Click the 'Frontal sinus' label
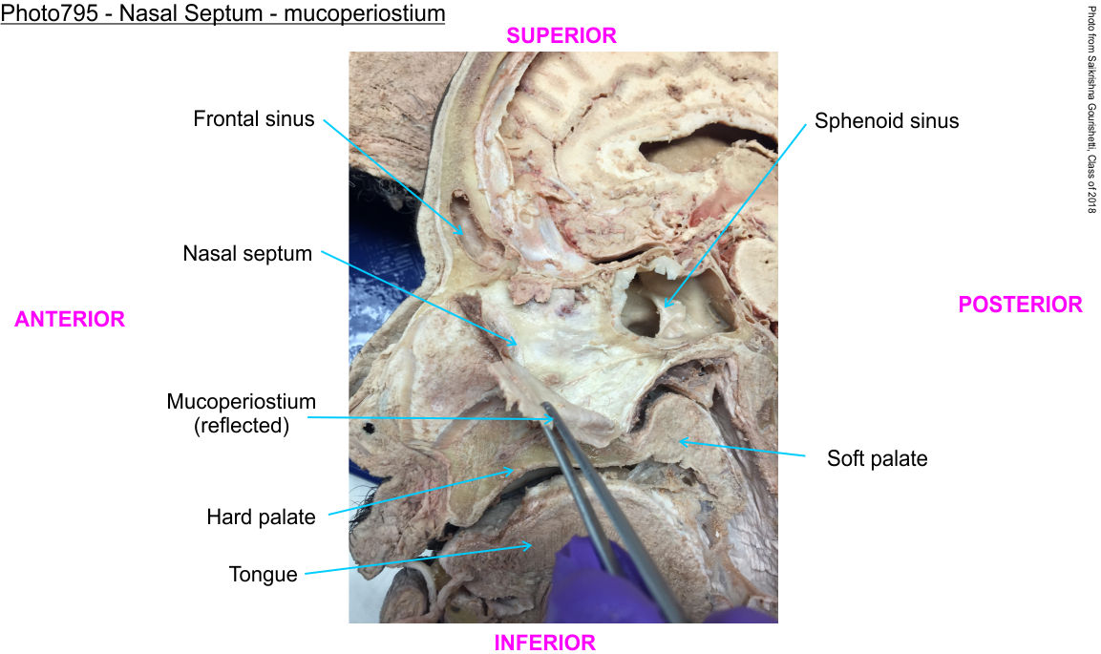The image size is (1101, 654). point(253,119)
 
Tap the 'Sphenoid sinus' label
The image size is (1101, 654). point(886,121)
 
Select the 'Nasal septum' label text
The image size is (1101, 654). point(248,254)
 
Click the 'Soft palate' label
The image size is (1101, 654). point(877,458)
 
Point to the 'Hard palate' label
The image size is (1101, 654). point(261,517)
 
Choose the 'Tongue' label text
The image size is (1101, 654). point(263,574)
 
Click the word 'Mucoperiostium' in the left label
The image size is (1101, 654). point(241,401)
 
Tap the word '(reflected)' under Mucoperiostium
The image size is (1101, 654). point(241,426)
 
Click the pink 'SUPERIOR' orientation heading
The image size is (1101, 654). point(561,35)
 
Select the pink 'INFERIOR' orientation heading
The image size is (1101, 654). point(544,643)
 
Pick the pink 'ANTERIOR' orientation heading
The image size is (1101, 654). point(70,320)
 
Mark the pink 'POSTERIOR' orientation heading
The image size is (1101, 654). point(1020,305)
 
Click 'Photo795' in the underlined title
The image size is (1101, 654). point(44,15)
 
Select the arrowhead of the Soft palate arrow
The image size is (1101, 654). point(679,441)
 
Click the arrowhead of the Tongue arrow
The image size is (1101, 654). point(531,546)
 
